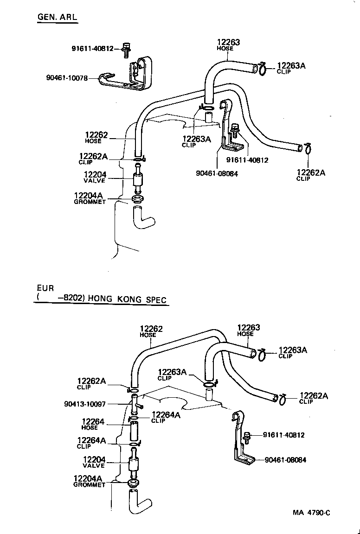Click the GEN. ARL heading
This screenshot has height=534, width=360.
57,18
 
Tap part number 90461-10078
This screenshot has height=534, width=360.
67,78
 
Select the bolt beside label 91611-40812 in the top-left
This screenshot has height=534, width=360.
126,50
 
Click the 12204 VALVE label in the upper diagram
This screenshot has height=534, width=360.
95,177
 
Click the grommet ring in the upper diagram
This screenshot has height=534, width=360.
137,199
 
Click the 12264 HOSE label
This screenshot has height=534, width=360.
93,424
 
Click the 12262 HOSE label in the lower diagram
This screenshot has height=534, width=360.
151,331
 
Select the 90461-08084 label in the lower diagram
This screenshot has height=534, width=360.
285,460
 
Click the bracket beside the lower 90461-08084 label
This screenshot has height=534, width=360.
242,445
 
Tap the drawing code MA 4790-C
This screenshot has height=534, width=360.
311,513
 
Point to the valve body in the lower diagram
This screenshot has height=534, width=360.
133,464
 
